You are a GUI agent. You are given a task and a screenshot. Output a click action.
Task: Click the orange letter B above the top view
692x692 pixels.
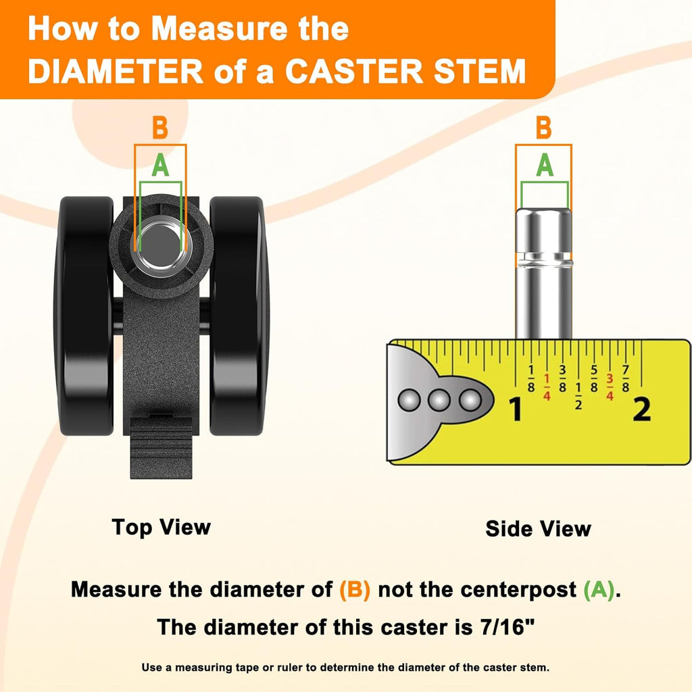click(x=160, y=128)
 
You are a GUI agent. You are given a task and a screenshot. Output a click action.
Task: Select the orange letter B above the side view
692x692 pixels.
click(x=544, y=128)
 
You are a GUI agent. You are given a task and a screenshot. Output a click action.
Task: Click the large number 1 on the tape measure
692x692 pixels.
click(x=516, y=409)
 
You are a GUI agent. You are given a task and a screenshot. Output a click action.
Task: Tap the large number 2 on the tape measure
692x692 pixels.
click(x=642, y=409)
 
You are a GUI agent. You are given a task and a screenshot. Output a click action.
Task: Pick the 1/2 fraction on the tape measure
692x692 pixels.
click(x=578, y=396)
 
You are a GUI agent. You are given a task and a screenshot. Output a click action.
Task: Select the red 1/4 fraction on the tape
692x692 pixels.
click(x=547, y=387)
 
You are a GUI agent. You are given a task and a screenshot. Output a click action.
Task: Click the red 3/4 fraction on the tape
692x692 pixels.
click(x=610, y=387)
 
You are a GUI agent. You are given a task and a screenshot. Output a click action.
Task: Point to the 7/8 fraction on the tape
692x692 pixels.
click(x=625, y=378)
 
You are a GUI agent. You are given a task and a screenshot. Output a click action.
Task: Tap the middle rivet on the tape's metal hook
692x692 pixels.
click(x=439, y=400)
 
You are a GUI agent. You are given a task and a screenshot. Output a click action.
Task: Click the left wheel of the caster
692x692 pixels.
click(x=84, y=316)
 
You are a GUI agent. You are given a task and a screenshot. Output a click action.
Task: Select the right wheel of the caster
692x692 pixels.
click(x=239, y=316)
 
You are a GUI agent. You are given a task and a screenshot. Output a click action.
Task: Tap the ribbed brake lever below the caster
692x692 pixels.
click(x=161, y=447)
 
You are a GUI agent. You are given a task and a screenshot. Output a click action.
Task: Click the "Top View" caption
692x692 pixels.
click(x=162, y=527)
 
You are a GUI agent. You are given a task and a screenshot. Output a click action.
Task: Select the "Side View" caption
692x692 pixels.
click(x=538, y=528)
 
